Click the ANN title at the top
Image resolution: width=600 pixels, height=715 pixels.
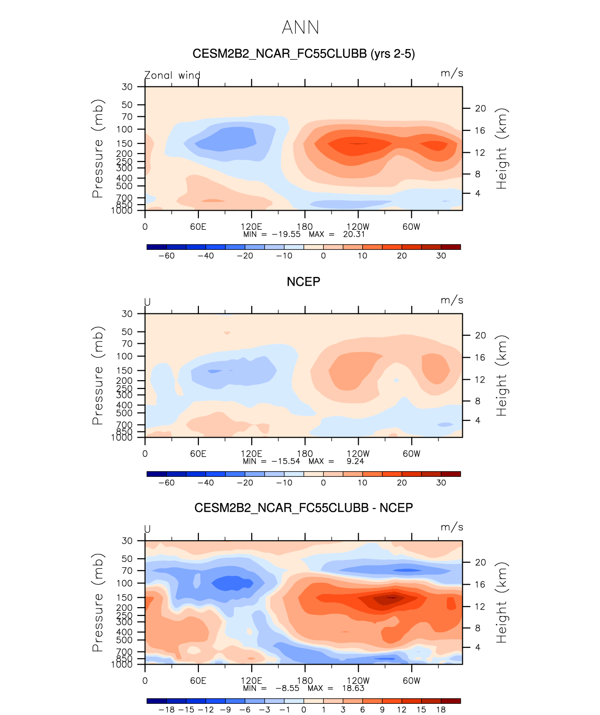click(x=300, y=28)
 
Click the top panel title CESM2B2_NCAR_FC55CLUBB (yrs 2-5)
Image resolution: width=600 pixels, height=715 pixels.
click(x=304, y=54)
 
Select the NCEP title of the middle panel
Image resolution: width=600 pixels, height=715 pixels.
click(x=304, y=282)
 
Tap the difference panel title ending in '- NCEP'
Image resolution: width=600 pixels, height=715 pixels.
click(x=304, y=508)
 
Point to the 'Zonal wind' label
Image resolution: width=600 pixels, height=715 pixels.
click(x=172, y=75)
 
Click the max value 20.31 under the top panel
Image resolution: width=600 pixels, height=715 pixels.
click(x=354, y=234)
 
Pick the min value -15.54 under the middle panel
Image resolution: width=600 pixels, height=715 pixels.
click(x=286, y=461)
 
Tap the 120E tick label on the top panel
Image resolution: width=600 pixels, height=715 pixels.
click(x=251, y=227)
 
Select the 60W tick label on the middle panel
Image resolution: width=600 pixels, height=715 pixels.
click(x=411, y=453)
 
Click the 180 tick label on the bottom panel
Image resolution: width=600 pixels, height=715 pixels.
click(x=305, y=680)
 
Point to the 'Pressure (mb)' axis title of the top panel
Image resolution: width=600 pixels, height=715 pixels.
click(x=98, y=149)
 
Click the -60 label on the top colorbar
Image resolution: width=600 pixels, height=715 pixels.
click(x=167, y=255)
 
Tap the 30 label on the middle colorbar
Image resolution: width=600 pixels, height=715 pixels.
click(x=441, y=482)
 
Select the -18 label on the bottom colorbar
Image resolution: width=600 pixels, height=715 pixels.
click(x=167, y=709)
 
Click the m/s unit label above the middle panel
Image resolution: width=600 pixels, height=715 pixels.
click(x=452, y=300)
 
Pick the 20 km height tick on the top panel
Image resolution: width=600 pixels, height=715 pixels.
click(x=480, y=108)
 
